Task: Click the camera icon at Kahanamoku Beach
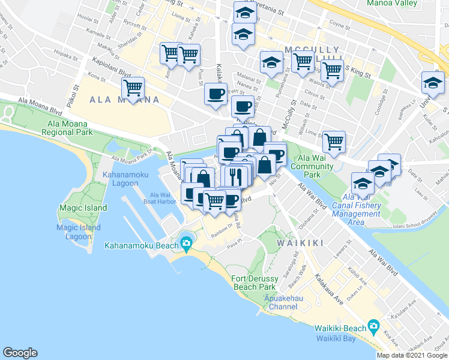186,243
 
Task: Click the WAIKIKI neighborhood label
300,243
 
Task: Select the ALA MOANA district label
125,100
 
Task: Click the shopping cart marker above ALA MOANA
132,88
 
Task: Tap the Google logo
20,353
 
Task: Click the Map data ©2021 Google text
412,355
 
